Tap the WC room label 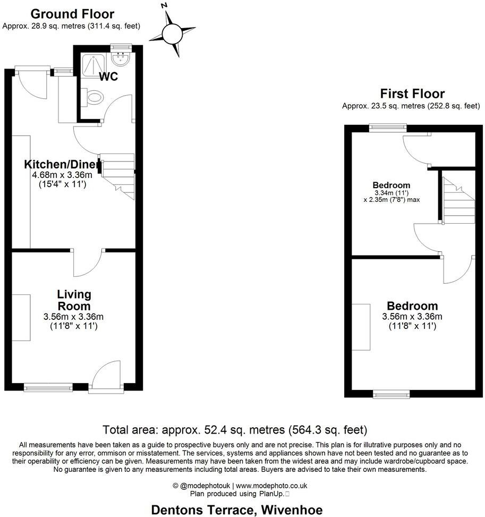click(x=108, y=77)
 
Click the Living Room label click(x=74, y=300)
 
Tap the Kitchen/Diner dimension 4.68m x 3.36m click(x=62, y=174)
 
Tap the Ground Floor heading click(x=72, y=14)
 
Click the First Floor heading click(x=412, y=94)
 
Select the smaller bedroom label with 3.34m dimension click(x=392, y=185)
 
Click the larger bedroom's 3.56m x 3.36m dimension click(x=412, y=317)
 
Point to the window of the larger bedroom click(x=391, y=394)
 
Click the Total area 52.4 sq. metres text click(x=235, y=429)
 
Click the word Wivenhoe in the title click(x=294, y=510)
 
